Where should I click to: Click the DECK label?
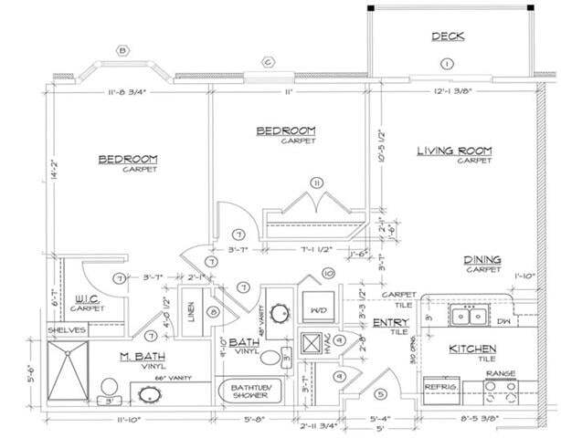coord(448,37)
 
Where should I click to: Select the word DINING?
coord(482,259)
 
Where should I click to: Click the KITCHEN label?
coord(471,349)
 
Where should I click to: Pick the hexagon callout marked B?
coord(122,49)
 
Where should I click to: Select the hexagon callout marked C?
coord(268,62)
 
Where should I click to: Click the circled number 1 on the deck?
coord(446,63)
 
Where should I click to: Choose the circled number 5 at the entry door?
coord(381,394)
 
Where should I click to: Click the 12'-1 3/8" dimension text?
coord(453,91)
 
